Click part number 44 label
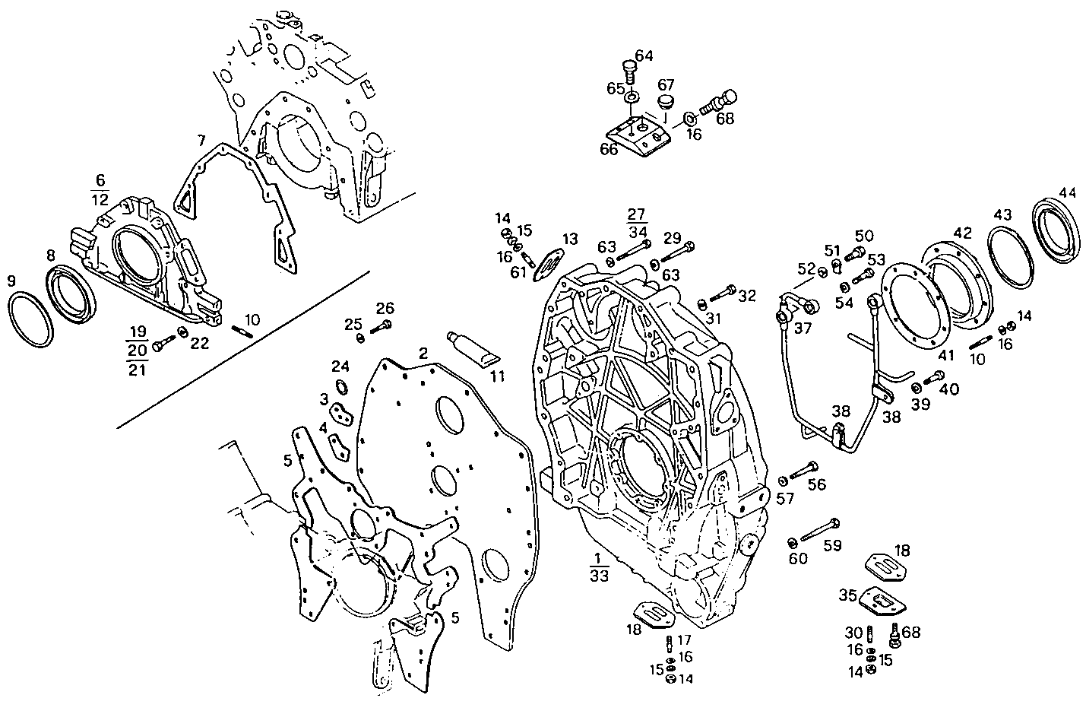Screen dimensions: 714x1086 tap(1067, 193)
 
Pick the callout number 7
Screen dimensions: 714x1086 tap(201, 141)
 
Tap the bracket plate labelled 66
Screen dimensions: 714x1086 tap(643, 138)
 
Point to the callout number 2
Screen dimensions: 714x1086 tap(423, 354)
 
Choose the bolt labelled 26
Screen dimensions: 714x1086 tap(381, 328)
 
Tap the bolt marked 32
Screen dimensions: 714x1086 tap(723, 291)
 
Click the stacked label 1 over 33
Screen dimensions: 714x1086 tap(598, 567)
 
